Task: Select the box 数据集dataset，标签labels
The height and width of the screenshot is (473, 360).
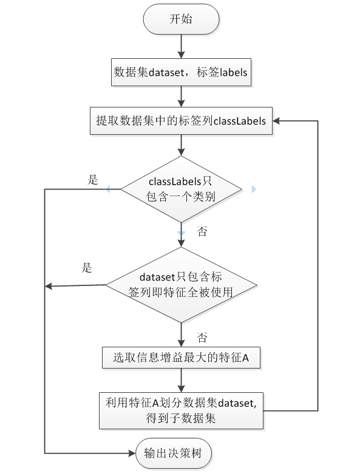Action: point(180,72)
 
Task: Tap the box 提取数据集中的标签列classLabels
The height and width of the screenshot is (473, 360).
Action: point(180,121)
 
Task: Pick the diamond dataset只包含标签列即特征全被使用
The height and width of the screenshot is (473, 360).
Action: point(180,285)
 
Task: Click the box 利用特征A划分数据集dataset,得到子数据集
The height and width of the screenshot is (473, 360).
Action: point(180,410)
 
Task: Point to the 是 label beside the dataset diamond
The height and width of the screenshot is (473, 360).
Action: point(87,268)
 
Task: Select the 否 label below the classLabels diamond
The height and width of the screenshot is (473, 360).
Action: point(202,232)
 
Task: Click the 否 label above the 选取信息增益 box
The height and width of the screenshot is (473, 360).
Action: point(202,337)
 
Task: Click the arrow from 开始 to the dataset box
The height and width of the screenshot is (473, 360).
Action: point(180,46)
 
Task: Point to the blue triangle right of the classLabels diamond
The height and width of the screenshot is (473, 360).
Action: point(254,189)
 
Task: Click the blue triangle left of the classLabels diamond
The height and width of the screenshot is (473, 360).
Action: point(108,189)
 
